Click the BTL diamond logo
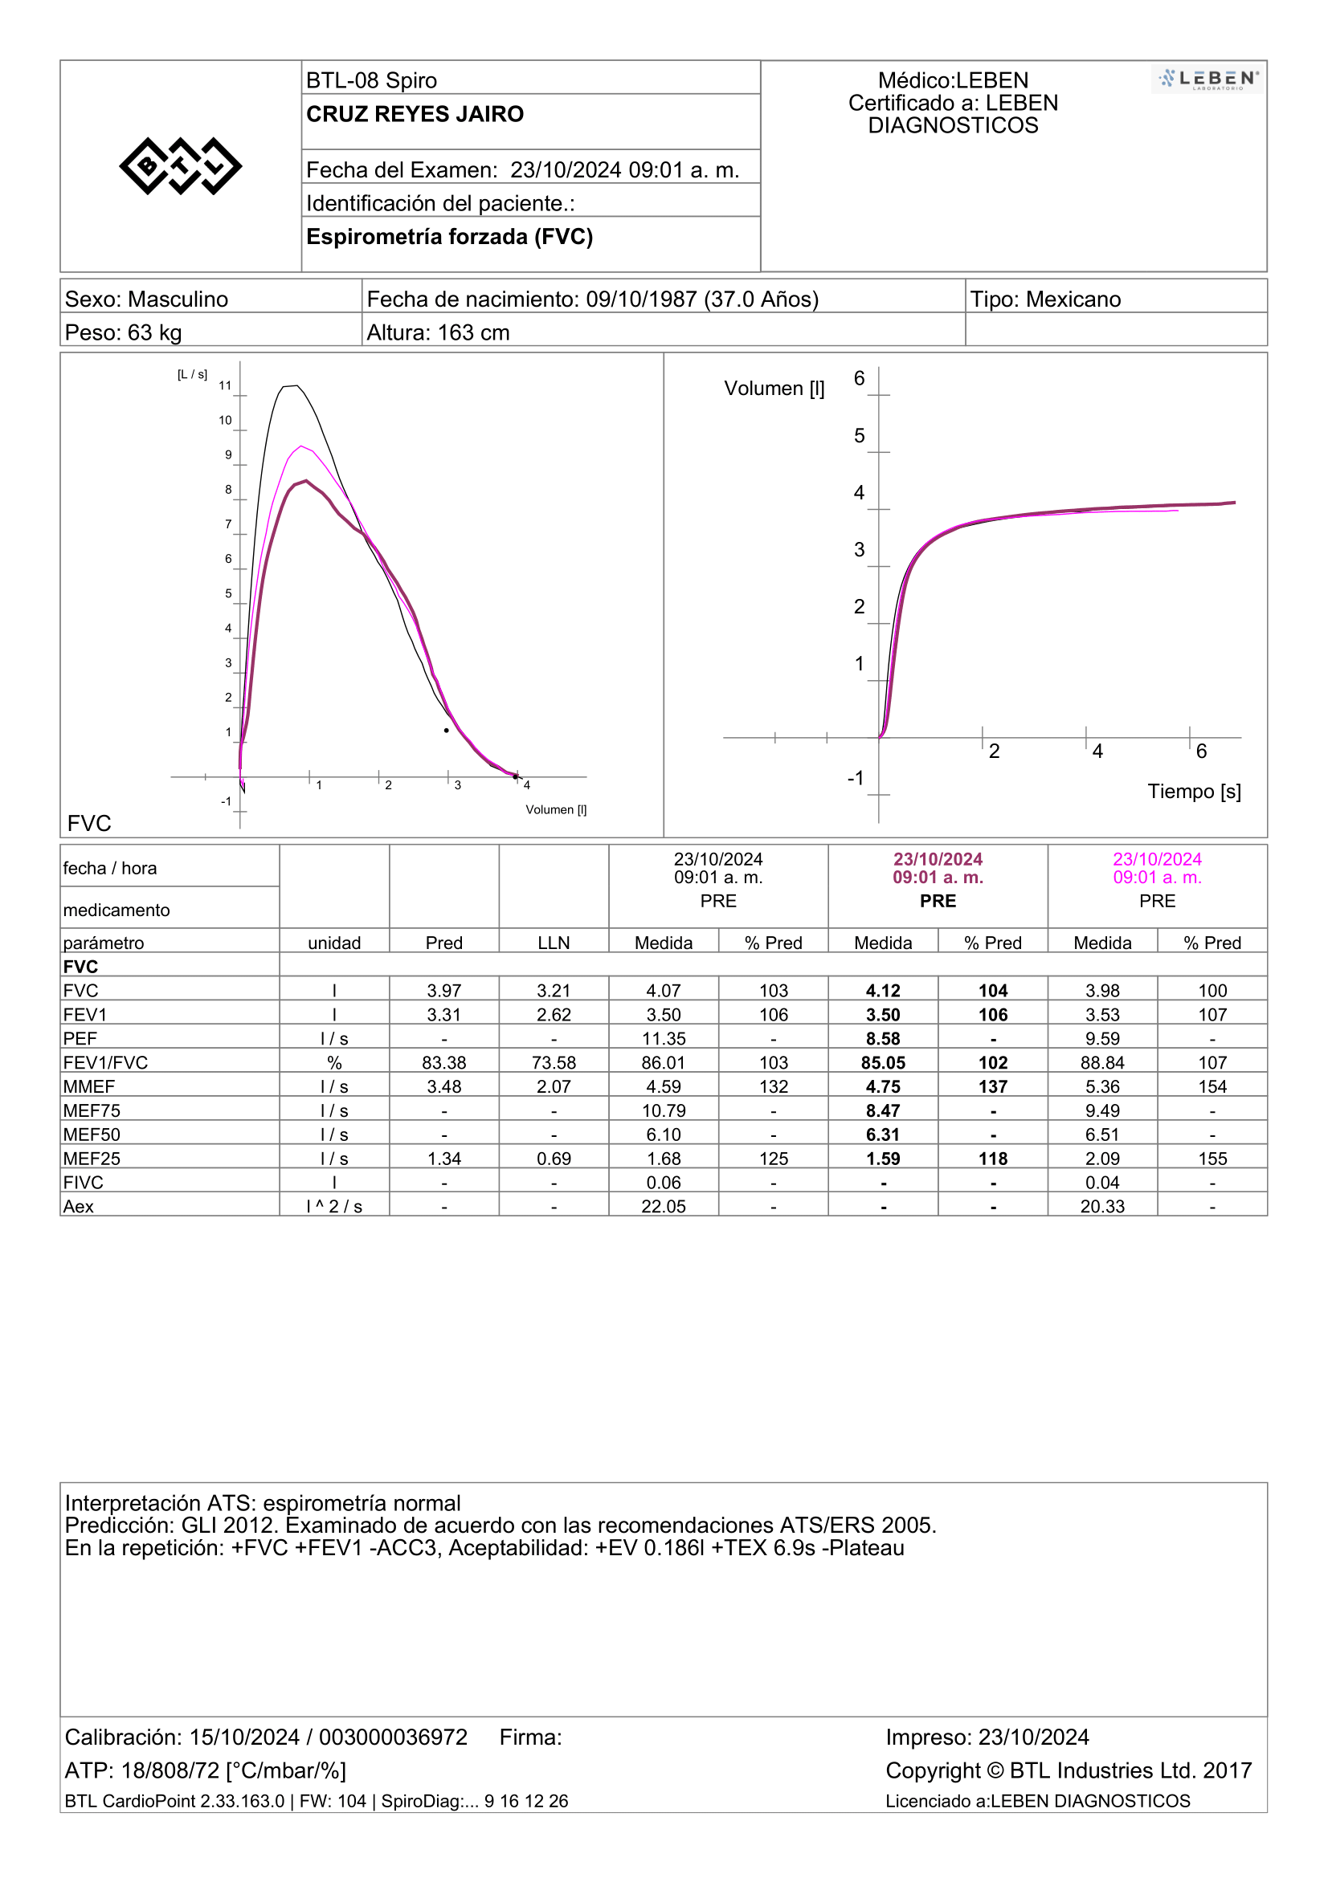point(180,166)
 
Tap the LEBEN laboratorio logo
point(1207,79)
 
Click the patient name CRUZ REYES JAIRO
point(415,115)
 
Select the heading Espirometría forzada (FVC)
point(449,237)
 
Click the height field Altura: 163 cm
point(439,333)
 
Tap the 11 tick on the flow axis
point(225,386)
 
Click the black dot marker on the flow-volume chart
point(446,731)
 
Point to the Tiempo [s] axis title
point(1194,792)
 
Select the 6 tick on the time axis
point(1201,752)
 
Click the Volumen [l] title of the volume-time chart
point(774,389)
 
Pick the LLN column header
point(554,943)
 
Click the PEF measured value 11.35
point(664,1039)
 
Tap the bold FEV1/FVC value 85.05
point(883,1062)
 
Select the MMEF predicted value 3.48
point(444,1087)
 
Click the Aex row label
point(79,1207)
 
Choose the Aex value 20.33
point(1102,1207)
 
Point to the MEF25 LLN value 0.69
point(554,1159)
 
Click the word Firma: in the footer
point(531,1738)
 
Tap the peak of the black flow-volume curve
point(290,385)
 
